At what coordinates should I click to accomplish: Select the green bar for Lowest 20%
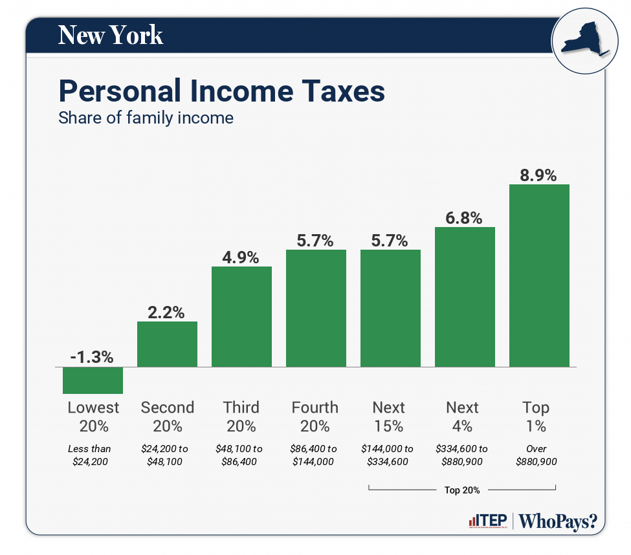click(93, 380)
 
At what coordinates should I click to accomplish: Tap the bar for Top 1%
click(539, 276)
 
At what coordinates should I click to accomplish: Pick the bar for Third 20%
click(241, 317)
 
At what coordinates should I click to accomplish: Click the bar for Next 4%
click(465, 297)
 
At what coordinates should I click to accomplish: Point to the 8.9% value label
click(539, 175)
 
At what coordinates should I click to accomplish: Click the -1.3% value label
click(92, 357)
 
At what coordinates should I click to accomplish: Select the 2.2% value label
click(167, 312)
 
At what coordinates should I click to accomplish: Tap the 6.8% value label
click(465, 217)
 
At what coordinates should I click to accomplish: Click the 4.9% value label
click(241, 257)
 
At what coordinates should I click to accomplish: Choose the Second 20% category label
click(167, 417)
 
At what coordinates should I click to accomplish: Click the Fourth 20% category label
click(315, 417)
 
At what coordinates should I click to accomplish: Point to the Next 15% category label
click(389, 417)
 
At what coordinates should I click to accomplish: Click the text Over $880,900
click(537, 455)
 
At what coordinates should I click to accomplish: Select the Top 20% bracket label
click(462, 490)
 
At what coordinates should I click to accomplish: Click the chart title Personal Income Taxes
click(222, 92)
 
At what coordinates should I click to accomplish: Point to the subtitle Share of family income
click(146, 118)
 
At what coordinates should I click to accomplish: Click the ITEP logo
click(487, 521)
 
